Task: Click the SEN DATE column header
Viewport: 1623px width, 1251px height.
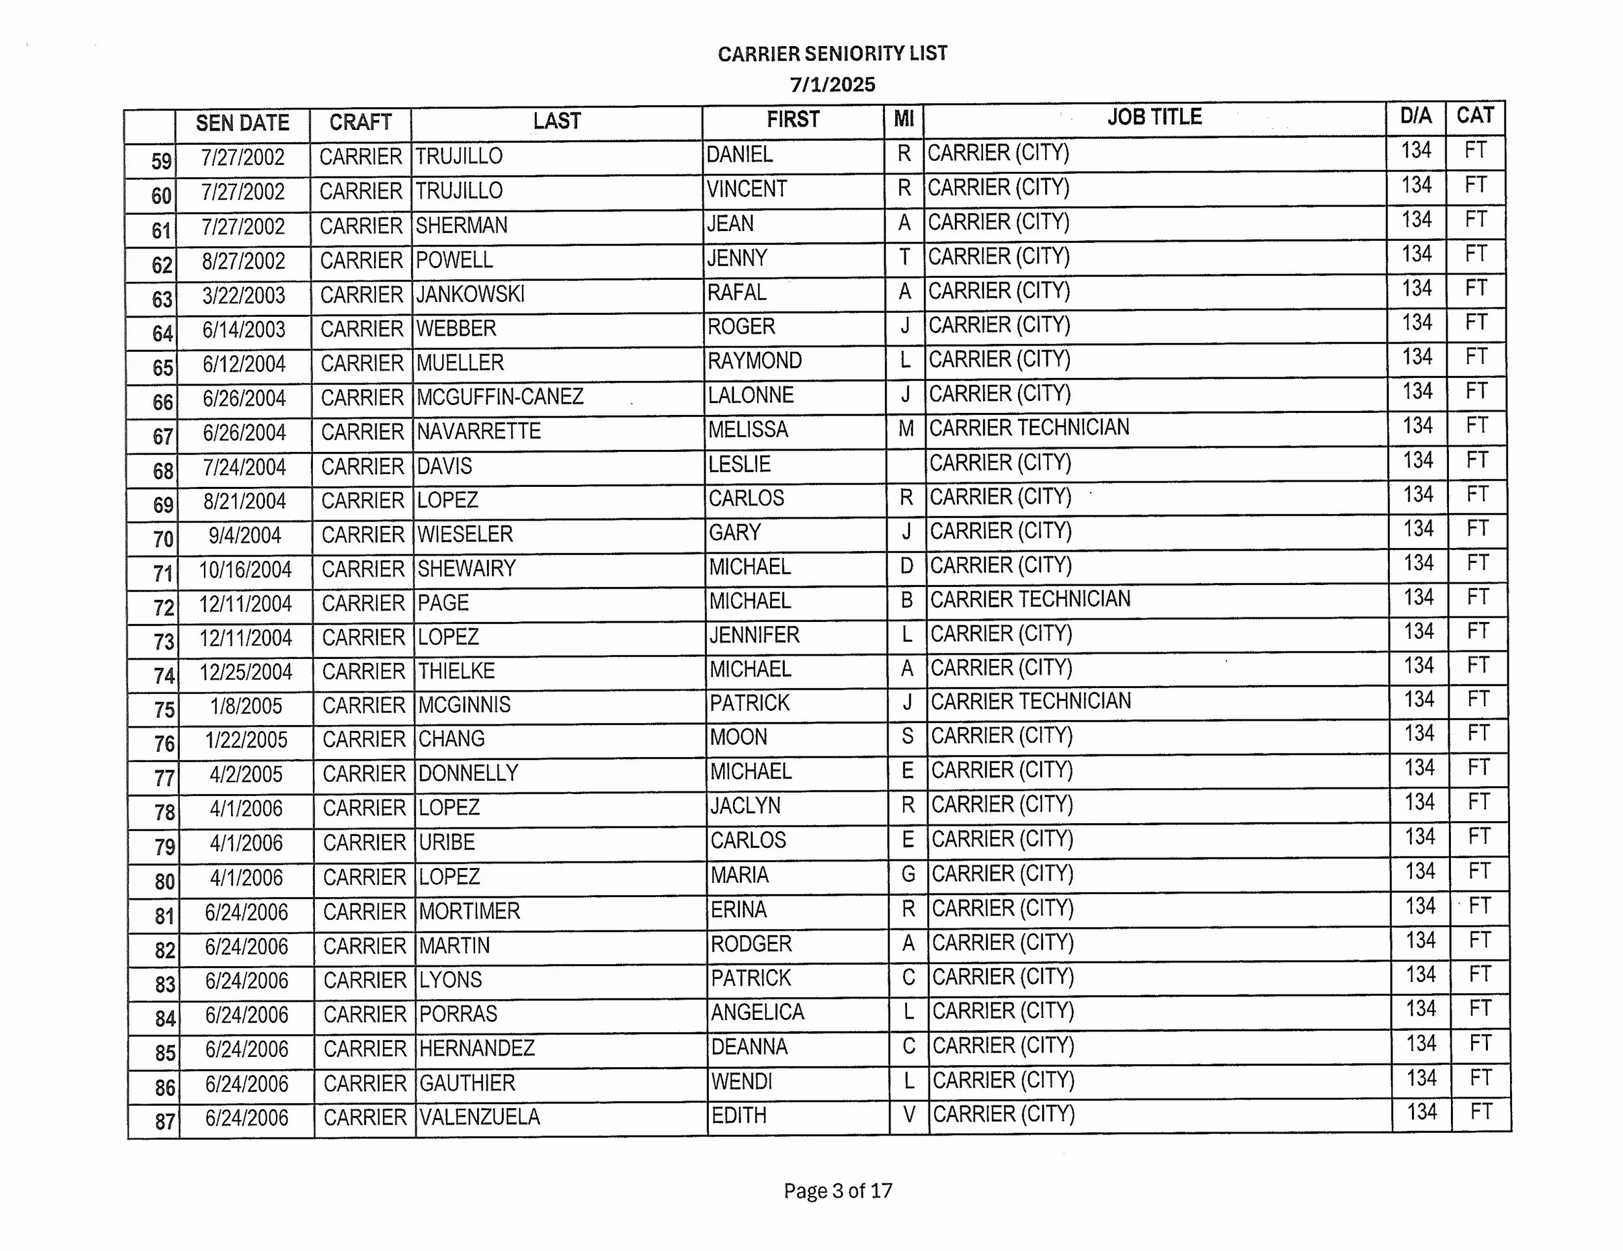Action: pos(242,123)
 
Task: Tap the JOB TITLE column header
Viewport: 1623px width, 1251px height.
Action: pos(1154,118)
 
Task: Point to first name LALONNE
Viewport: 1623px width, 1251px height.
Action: pos(750,395)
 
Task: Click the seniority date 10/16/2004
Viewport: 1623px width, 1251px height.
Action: pos(245,570)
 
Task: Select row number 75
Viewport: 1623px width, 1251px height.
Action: pos(164,710)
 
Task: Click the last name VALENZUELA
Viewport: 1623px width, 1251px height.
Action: pos(479,1117)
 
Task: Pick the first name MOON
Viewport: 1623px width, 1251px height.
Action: pos(738,737)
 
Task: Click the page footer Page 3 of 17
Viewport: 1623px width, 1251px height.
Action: pos(837,1191)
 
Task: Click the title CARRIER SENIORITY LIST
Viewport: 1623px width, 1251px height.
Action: pos(832,53)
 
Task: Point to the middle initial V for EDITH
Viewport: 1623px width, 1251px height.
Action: pos(909,1115)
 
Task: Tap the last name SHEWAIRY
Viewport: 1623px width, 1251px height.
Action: pos(467,569)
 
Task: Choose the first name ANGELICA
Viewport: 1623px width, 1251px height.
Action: pos(757,1012)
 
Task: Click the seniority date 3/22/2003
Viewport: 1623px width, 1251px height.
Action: pos(243,296)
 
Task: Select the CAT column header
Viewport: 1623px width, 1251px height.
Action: pos(1475,116)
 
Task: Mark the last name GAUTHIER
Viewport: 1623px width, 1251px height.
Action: pos(467,1083)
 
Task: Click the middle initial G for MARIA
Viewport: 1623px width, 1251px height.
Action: pos(908,874)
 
